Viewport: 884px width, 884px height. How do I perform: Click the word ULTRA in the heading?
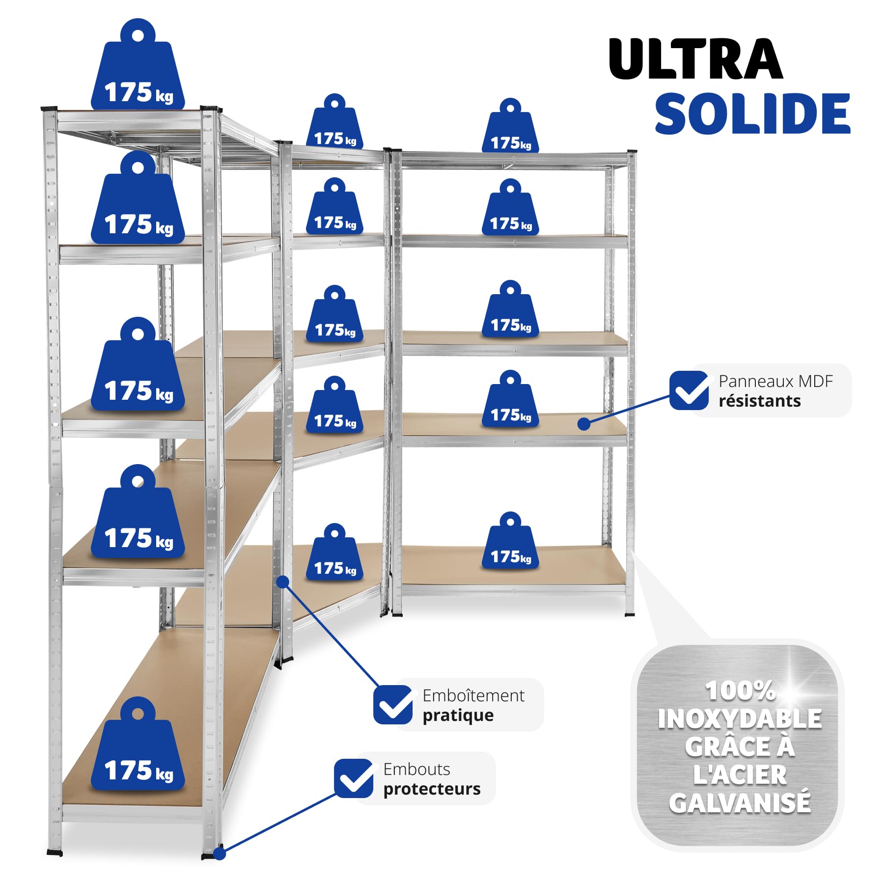pos(695,59)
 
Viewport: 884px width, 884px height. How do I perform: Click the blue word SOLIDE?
pos(752,113)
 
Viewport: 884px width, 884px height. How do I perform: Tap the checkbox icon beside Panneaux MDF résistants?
pos(689,390)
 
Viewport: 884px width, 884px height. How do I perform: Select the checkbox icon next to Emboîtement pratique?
pos(393,705)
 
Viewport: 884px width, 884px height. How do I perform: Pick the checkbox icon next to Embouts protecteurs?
pos(354,778)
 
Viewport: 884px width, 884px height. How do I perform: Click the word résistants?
pos(759,401)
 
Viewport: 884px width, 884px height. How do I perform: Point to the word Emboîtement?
pos(473,695)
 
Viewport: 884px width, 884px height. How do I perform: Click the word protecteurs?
pos(432,789)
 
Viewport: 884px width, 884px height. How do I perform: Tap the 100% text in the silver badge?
pos(740,691)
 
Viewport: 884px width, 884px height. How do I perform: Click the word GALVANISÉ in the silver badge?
pos(740,803)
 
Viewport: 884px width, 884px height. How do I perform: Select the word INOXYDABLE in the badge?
pos(740,719)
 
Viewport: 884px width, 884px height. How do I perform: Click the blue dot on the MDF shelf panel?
pos(584,424)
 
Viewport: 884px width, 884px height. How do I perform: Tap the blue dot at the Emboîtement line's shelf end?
pos(282,582)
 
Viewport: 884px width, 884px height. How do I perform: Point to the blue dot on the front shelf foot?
pos(220,854)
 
